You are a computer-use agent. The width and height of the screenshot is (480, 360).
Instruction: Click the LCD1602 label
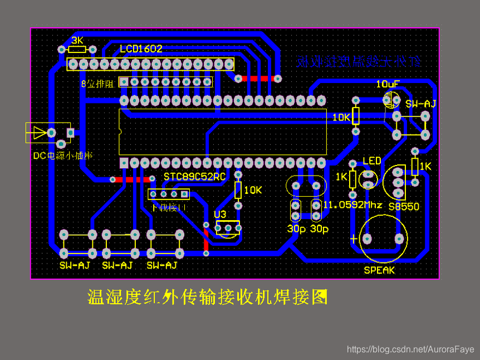pyautogui.click(x=141, y=49)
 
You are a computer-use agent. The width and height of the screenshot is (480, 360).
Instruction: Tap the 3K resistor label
pyautogui.click(x=77, y=41)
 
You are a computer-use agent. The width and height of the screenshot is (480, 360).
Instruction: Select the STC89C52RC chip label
pyautogui.click(x=194, y=177)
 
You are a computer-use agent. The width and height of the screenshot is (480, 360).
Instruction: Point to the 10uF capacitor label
pyautogui.click(x=388, y=84)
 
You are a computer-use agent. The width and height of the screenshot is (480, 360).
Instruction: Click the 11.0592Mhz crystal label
pyautogui.click(x=352, y=205)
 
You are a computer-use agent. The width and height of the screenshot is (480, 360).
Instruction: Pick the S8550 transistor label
pyautogui.click(x=404, y=206)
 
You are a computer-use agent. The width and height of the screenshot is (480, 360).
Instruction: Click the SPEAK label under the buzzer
pyautogui.click(x=379, y=270)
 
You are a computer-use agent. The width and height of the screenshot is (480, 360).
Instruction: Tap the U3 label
pyautogui.click(x=220, y=214)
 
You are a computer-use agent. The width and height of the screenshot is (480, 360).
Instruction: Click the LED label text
pyautogui.click(x=372, y=161)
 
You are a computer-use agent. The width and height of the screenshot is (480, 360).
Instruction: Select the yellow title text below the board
pyautogui.click(x=207, y=297)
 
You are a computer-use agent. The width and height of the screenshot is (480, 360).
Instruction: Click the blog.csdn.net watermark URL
pyautogui.click(x=410, y=349)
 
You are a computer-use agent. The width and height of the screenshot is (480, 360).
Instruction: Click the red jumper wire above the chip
pyautogui.click(x=257, y=79)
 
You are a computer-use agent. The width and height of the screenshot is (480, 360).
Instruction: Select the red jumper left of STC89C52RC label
pyautogui.click(x=132, y=179)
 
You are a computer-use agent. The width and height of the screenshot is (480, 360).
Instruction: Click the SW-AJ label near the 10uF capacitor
pyautogui.click(x=420, y=104)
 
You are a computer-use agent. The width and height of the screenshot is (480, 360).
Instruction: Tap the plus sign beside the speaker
pyautogui.click(x=354, y=239)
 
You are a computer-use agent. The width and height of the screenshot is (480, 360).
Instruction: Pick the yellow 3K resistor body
pyautogui.click(x=77, y=50)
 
